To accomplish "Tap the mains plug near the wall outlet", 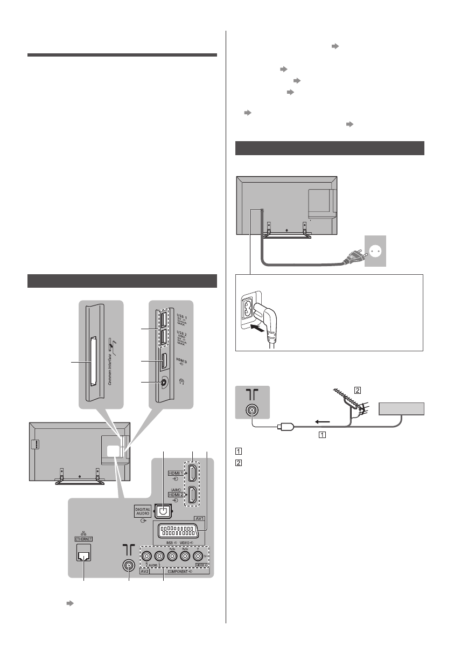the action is click(348, 259).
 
